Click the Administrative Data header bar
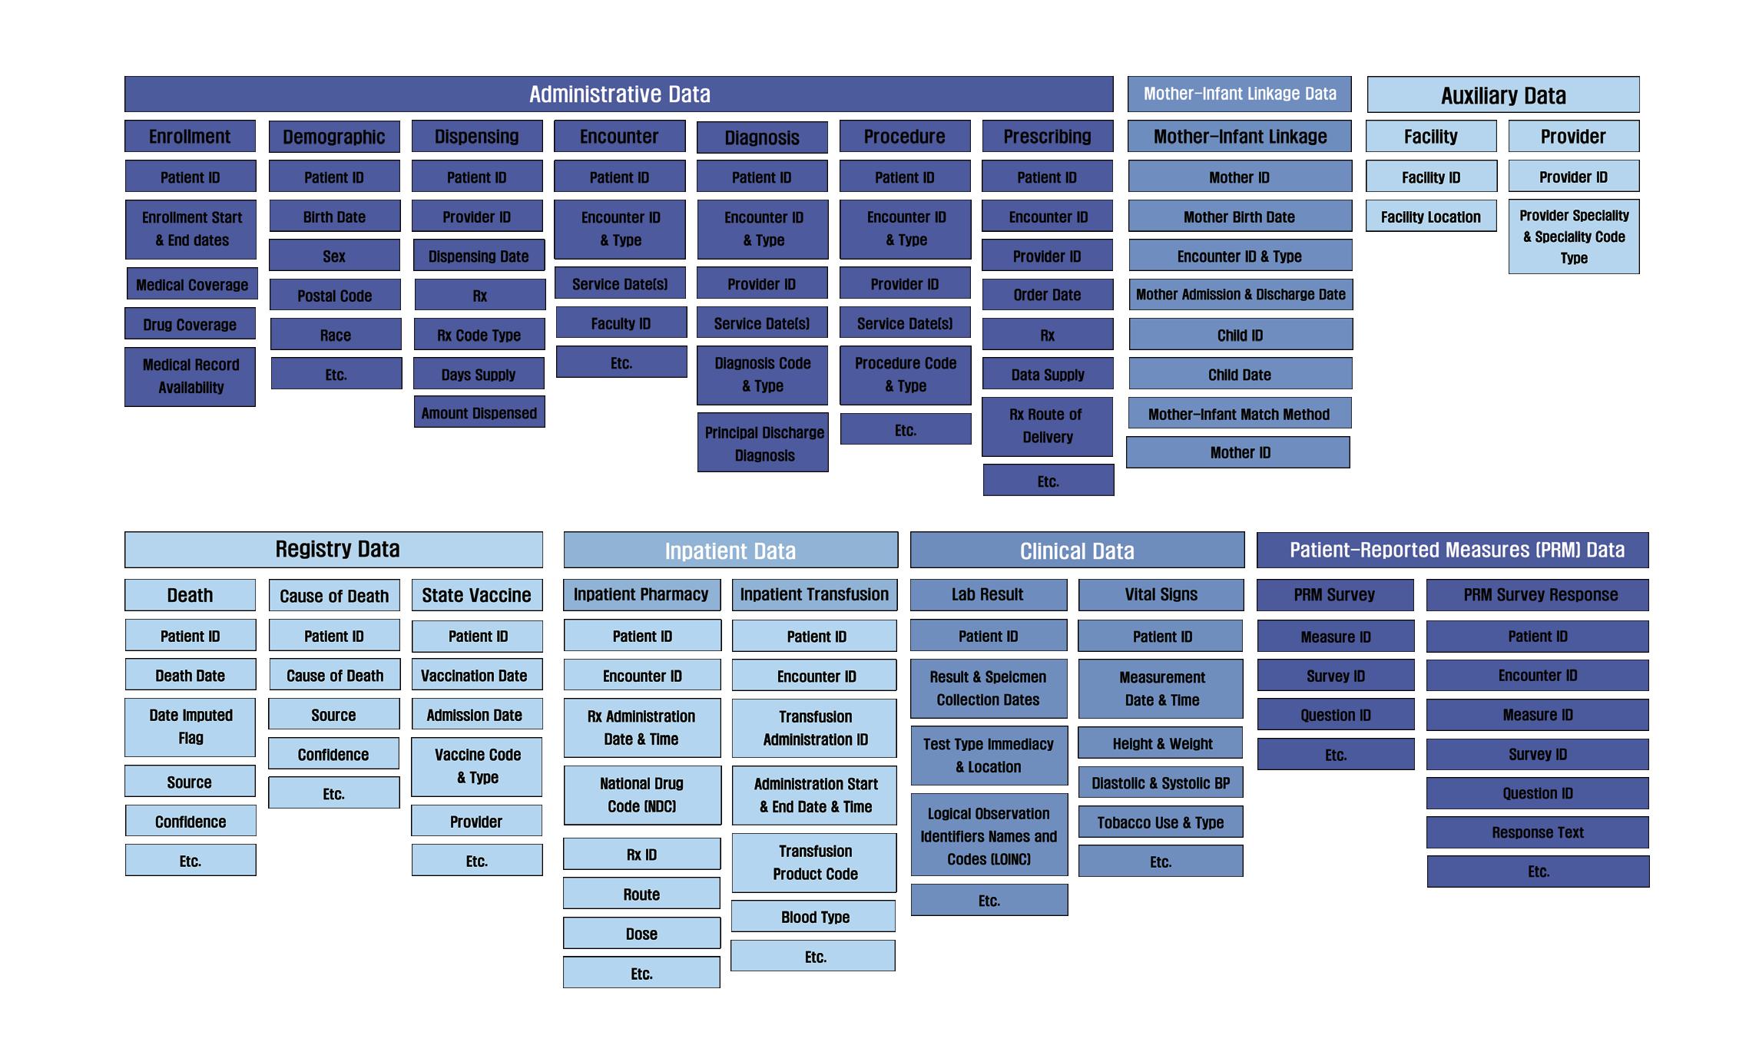(618, 94)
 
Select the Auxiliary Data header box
(1502, 95)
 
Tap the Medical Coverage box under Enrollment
(192, 285)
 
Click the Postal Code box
(335, 296)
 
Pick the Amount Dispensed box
(479, 413)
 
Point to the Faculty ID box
(621, 323)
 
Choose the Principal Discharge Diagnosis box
(763, 443)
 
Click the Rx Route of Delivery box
(1047, 426)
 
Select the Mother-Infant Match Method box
(1239, 414)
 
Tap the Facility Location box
(1430, 217)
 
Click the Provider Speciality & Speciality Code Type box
(1573, 236)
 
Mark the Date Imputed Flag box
(190, 726)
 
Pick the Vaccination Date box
(476, 676)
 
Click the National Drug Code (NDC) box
(642, 795)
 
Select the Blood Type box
(814, 917)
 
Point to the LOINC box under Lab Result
(989, 835)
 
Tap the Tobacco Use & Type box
(1160, 822)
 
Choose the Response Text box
(1537, 832)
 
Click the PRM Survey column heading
(1334, 595)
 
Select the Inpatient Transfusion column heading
(814, 595)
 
